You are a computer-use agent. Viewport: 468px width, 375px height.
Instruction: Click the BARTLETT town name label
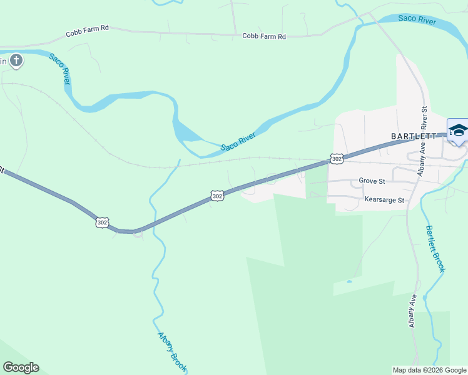point(412,136)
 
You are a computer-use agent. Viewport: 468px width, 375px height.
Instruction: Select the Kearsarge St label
point(384,201)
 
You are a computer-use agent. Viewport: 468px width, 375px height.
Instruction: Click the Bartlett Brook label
point(435,248)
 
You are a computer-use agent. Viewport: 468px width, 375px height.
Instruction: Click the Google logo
point(21,367)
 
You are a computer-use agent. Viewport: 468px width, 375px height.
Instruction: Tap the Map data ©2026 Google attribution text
point(429,370)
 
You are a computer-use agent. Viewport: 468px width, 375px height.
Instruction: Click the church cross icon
point(16,61)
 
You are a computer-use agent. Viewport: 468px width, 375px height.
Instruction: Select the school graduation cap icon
point(458,130)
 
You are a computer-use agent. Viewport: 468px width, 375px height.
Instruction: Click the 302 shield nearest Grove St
point(337,159)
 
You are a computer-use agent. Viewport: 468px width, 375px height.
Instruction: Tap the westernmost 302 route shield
point(102,222)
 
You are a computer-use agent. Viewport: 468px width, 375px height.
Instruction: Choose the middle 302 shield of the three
point(217,196)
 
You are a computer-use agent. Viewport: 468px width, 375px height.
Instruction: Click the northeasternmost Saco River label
point(417,21)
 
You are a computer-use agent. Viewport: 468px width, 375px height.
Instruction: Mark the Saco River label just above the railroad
point(238,142)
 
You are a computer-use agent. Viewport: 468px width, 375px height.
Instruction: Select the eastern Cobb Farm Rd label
point(264,36)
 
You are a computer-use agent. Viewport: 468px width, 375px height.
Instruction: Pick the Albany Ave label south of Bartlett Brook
point(412,311)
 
